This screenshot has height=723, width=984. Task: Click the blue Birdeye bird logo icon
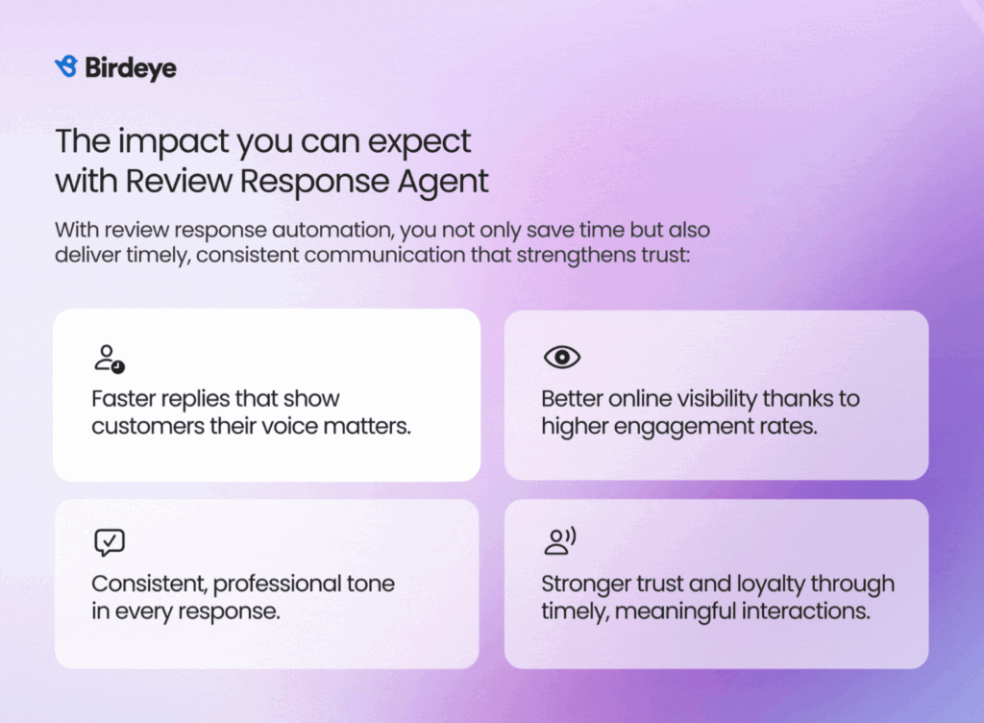66,66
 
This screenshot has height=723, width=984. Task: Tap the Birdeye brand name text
131,67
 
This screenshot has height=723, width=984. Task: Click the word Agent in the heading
442,182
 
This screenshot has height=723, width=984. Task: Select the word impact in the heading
173,142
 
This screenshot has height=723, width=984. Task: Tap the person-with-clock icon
110,359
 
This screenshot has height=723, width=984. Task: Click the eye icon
561,357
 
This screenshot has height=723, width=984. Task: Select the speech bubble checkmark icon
110,542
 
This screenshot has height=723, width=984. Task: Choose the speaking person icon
560,541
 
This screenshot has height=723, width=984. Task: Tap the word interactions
805,611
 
